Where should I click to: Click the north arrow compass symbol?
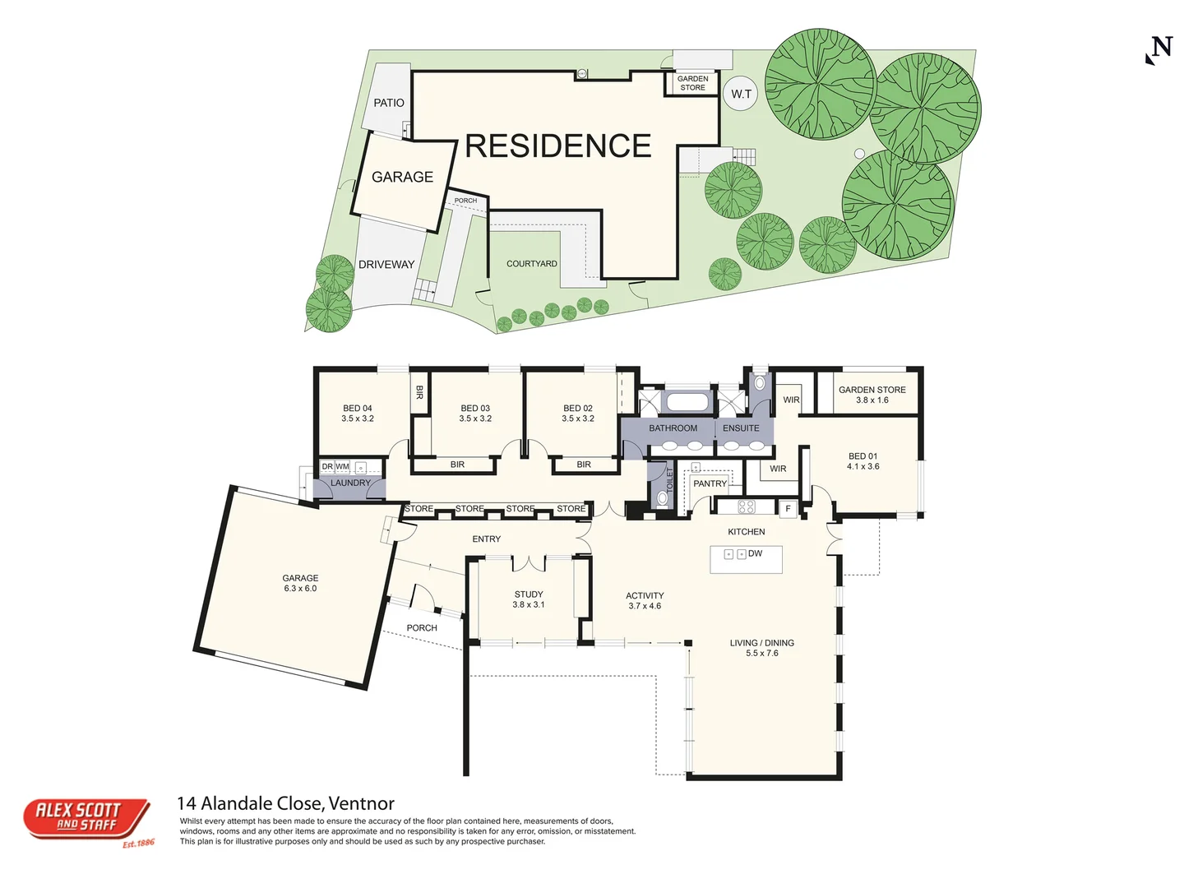(1159, 49)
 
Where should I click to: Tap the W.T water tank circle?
(741, 94)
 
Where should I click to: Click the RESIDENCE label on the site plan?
(557, 146)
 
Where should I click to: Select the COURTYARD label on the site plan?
(531, 264)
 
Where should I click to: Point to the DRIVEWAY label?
(386, 264)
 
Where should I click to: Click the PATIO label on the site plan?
(388, 103)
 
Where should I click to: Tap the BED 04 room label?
(357, 408)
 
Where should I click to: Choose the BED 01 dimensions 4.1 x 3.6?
(863, 466)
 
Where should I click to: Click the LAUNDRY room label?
(350, 483)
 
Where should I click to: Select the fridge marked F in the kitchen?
(788, 508)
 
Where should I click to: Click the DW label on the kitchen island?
(755, 553)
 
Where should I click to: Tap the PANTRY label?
(710, 483)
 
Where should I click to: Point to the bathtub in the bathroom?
(687, 402)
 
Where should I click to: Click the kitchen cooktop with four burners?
(746, 506)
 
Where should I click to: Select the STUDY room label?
(528, 594)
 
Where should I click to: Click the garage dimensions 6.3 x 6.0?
(300, 588)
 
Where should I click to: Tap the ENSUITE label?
(741, 428)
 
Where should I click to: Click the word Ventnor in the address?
(362, 804)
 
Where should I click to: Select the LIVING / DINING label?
(761, 643)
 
